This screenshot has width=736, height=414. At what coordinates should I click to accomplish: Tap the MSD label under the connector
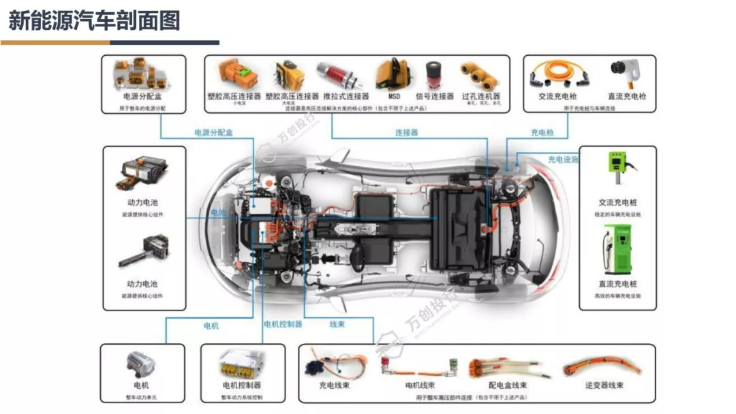point(395,97)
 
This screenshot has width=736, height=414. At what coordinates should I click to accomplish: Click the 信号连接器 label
point(434,97)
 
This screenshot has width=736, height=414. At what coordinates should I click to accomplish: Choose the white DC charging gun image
point(626,74)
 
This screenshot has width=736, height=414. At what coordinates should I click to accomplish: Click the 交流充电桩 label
point(617,202)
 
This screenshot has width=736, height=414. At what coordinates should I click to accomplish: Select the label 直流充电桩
point(617,284)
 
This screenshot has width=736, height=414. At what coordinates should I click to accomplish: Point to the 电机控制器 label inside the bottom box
point(241,385)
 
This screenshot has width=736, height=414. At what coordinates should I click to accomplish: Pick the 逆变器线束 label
point(604,385)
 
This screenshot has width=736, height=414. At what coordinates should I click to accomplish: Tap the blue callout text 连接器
point(407,133)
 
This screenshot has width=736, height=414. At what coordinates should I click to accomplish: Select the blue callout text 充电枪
point(542,133)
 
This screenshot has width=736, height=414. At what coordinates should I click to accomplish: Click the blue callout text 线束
point(337,324)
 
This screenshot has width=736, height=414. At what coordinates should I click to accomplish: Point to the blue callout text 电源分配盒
point(213,133)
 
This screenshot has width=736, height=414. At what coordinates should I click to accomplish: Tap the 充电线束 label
point(335,385)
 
